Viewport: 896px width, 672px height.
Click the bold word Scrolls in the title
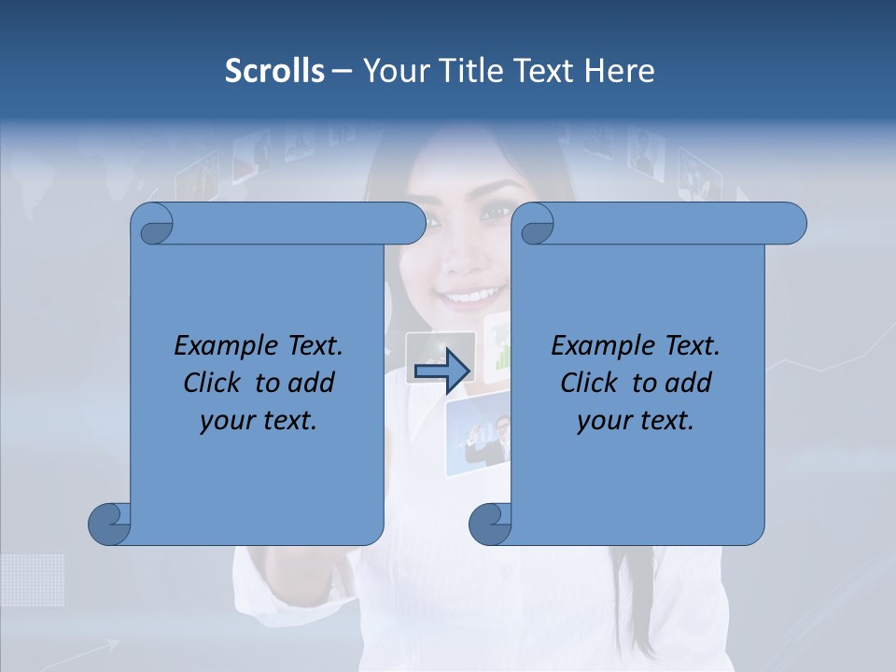coord(274,71)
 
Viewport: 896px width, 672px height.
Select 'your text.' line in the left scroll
coord(259,420)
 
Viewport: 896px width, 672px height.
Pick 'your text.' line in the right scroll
coord(636,420)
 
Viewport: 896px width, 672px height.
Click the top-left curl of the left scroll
coord(152,224)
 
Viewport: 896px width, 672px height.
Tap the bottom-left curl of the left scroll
coord(110,524)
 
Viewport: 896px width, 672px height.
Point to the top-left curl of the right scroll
coord(534,224)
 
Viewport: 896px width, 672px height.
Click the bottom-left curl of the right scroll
coord(490,524)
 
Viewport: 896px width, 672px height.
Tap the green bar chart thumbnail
coord(498,350)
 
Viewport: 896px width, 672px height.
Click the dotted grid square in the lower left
coord(32,580)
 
